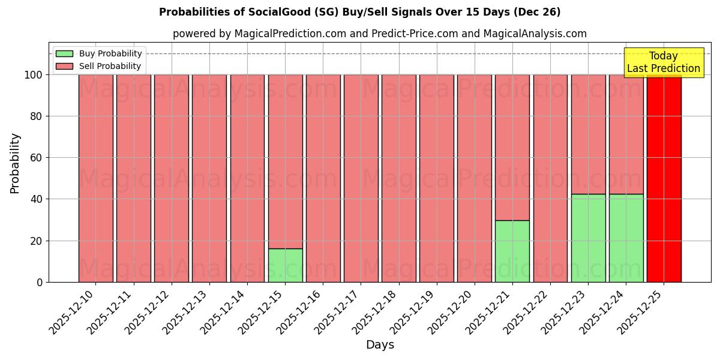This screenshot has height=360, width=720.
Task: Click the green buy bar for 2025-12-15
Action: pos(285,265)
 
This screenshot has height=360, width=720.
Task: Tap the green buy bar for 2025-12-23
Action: pos(588,238)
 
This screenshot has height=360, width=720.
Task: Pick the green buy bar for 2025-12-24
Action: pos(626,238)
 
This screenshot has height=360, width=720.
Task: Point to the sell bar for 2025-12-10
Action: pos(95,178)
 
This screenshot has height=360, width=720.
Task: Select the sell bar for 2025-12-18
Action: pos(398,178)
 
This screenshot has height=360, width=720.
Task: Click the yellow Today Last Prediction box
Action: pos(664,62)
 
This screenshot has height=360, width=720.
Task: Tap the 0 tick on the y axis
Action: pos(40,282)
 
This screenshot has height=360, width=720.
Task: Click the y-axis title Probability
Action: pos(15,163)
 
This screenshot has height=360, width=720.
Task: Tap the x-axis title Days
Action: pos(380,345)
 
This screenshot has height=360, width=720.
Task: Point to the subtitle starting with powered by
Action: pos(379,34)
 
